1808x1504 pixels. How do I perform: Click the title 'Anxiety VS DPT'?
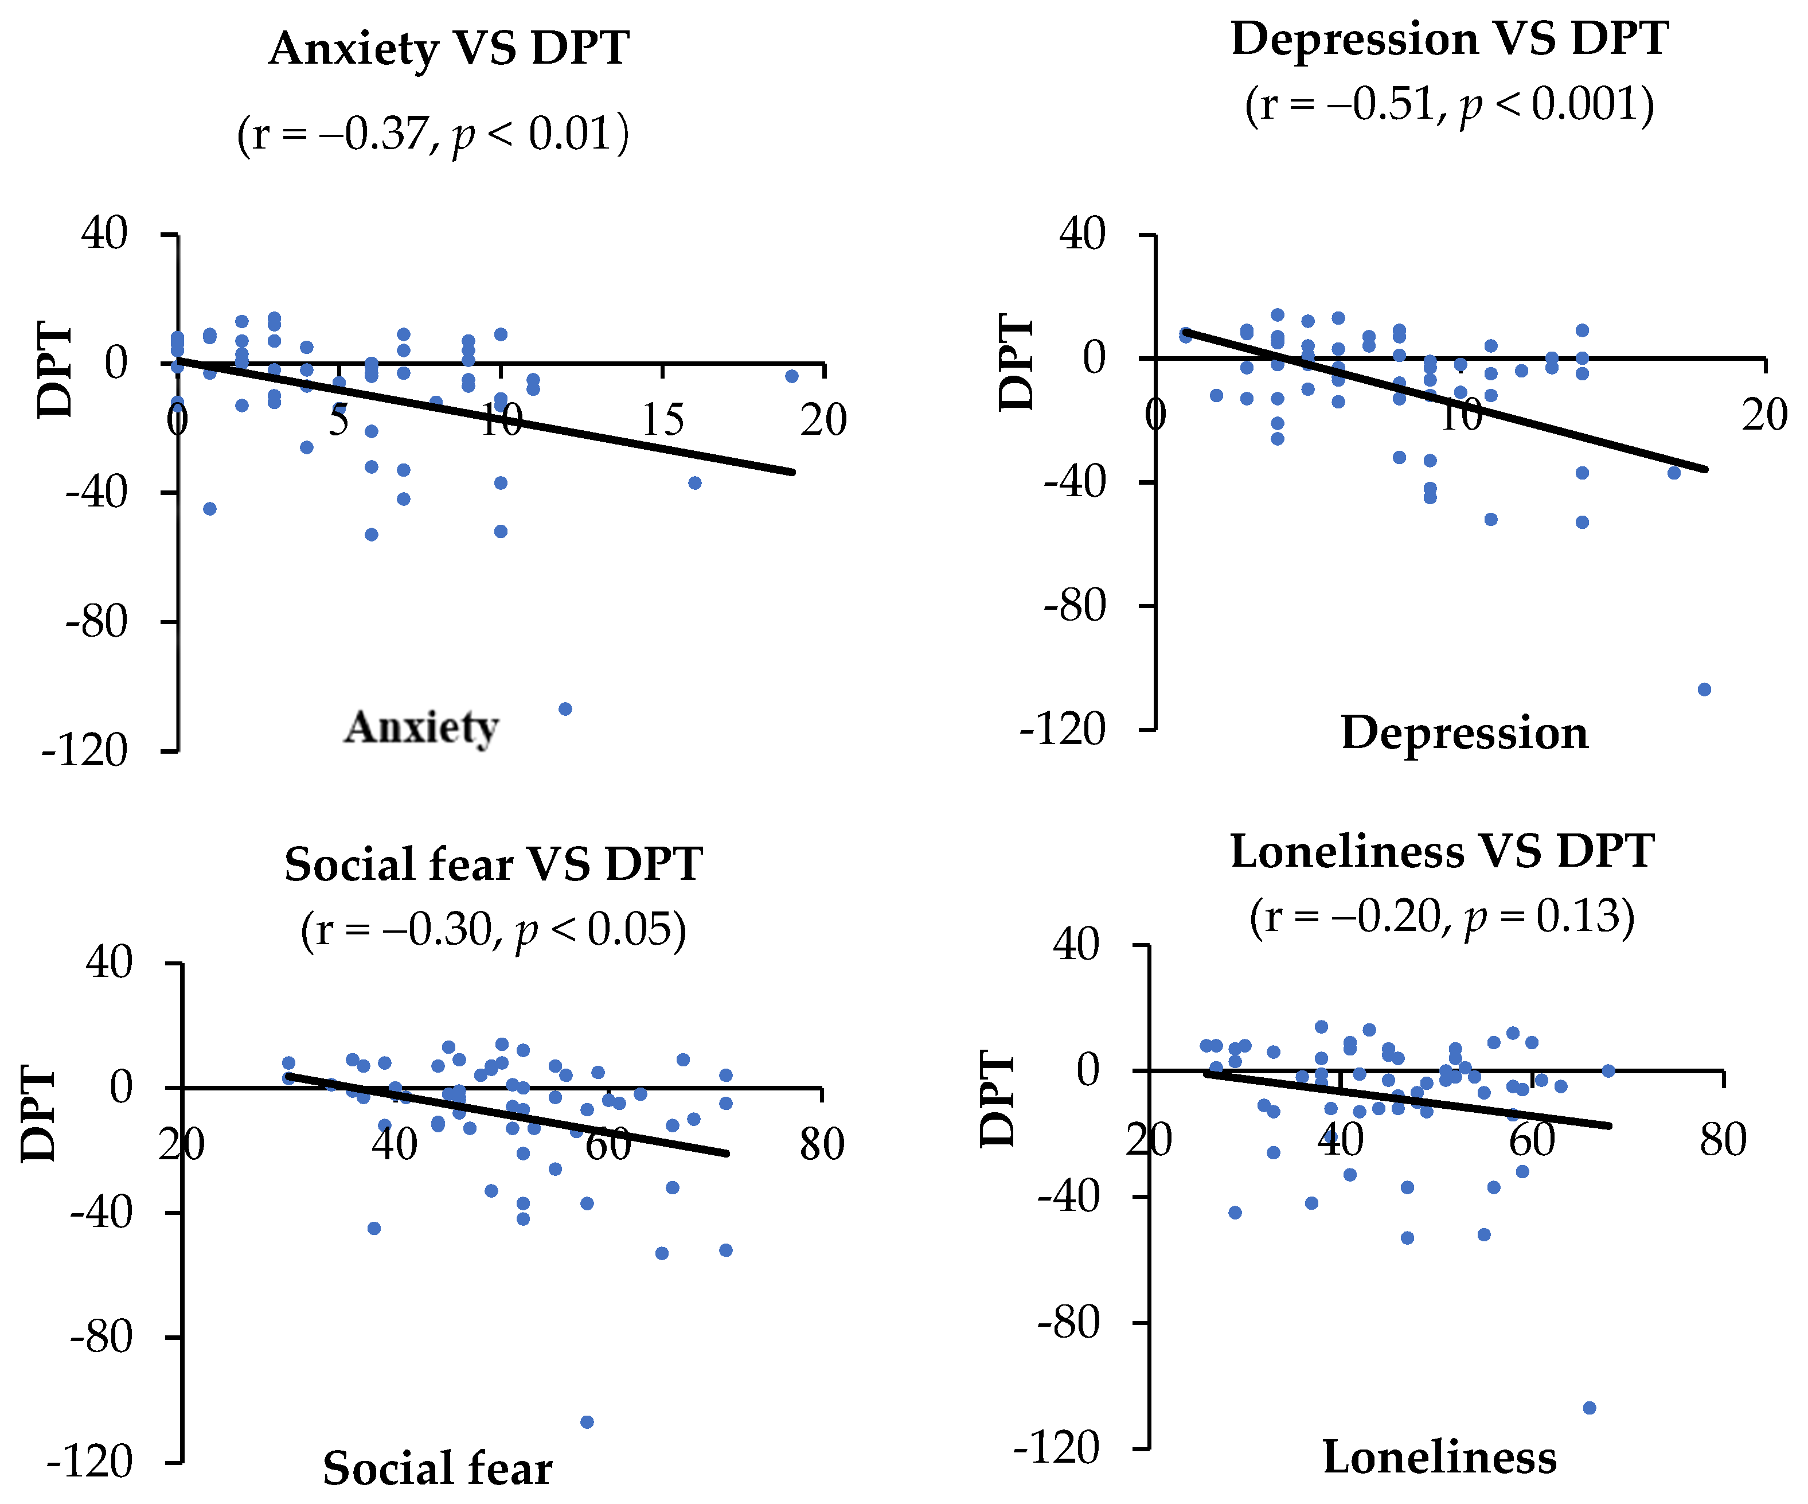click(x=448, y=49)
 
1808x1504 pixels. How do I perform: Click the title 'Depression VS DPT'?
click(x=1450, y=40)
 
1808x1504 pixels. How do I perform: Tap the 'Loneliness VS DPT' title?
click(x=1442, y=851)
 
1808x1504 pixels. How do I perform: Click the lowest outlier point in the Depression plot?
click(x=1704, y=689)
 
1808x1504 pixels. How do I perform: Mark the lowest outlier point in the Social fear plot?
click(x=587, y=1422)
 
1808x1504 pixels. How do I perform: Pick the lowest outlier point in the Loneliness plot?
click(x=1590, y=1408)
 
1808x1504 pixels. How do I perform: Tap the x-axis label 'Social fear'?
click(x=438, y=1468)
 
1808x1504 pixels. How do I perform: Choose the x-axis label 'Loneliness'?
click(x=1439, y=1458)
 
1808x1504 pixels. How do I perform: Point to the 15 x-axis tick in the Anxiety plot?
click(x=663, y=421)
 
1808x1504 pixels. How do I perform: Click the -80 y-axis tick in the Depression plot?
click(x=1073, y=606)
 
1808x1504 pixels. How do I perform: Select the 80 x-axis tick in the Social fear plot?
click(x=821, y=1145)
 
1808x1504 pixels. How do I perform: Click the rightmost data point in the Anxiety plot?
click(x=792, y=376)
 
